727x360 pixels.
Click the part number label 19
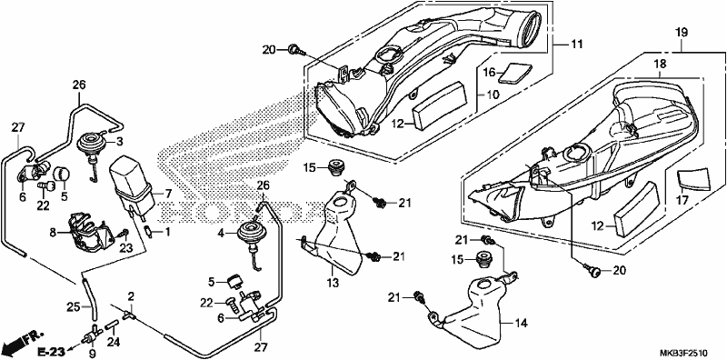click(681, 33)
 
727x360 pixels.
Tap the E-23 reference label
click(51, 352)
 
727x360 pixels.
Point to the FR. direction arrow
click(22, 342)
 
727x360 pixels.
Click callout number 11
click(576, 45)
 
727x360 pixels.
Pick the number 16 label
click(490, 72)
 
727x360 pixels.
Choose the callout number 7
click(167, 193)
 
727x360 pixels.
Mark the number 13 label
click(333, 283)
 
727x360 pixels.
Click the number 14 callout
click(522, 324)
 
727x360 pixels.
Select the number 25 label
click(74, 306)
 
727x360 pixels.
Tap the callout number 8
click(53, 232)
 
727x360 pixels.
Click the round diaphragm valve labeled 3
click(91, 147)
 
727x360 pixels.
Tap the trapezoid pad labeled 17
click(693, 179)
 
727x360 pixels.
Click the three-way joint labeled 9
click(93, 335)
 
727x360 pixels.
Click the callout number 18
click(661, 64)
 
